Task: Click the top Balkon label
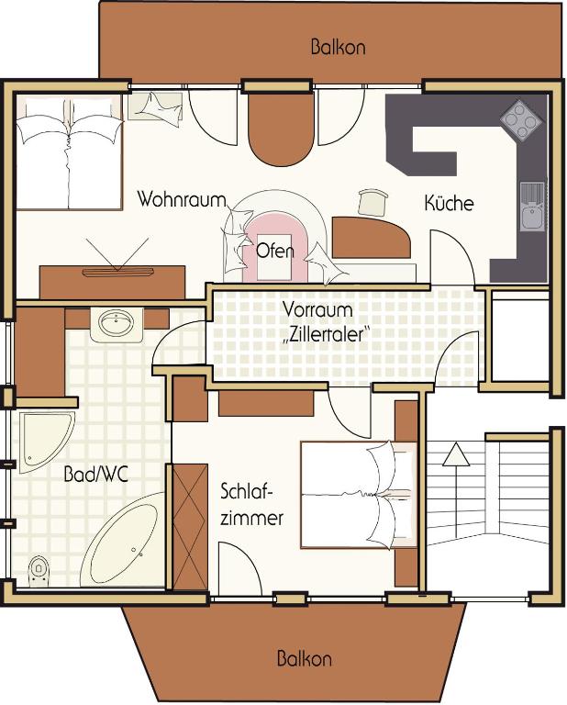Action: click(x=337, y=47)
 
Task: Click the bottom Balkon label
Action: click(x=304, y=659)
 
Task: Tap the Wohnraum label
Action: click(x=175, y=199)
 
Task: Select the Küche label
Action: click(x=449, y=202)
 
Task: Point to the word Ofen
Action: click(x=275, y=250)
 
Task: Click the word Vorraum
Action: click(x=317, y=310)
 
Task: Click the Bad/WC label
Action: click(x=94, y=476)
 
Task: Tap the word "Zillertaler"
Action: click(x=327, y=335)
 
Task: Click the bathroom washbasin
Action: click(x=116, y=323)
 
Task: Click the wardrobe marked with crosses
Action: click(x=190, y=528)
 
